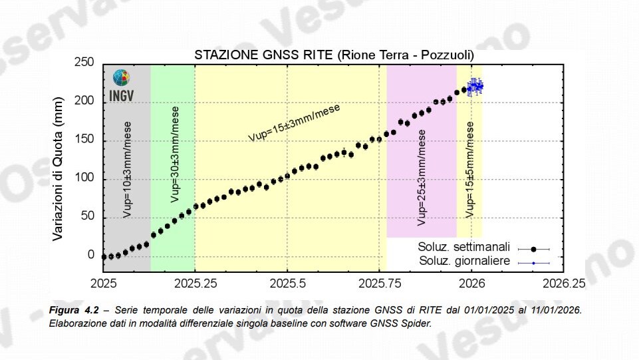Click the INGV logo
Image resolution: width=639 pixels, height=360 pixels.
pyautogui.click(x=122, y=85)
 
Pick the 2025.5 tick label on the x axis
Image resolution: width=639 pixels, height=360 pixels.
pyautogui.click(x=287, y=282)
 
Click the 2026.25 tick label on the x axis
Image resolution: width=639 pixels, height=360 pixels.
pyautogui.click(x=563, y=282)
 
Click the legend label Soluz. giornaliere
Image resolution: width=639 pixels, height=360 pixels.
pyautogui.click(x=465, y=261)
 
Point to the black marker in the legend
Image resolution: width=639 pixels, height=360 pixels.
pyautogui.click(x=533, y=249)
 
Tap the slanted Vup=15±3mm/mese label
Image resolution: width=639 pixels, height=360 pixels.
pyautogui.click(x=294, y=122)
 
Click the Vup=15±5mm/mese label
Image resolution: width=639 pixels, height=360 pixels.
pyautogui.click(x=470, y=170)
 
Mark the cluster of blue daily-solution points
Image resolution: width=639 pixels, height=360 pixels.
pyautogui.click(x=475, y=86)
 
